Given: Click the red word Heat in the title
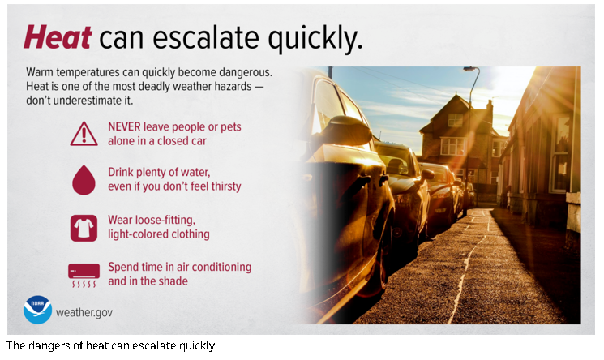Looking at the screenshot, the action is coord(58,37).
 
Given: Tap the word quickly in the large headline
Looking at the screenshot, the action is coord(315,39).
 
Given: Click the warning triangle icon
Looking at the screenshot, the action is coord(84,134).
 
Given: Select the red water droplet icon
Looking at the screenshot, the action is coord(84,180).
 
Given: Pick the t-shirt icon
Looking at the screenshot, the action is coord(84,228).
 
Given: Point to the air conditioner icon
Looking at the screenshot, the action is coord(84,275).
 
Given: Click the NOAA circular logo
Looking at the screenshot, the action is coord(37,310).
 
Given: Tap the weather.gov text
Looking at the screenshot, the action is coord(84,312).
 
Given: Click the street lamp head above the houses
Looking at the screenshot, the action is coord(470,69).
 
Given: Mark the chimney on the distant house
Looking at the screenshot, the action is coord(489,109).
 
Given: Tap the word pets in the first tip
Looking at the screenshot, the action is coord(231,127).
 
